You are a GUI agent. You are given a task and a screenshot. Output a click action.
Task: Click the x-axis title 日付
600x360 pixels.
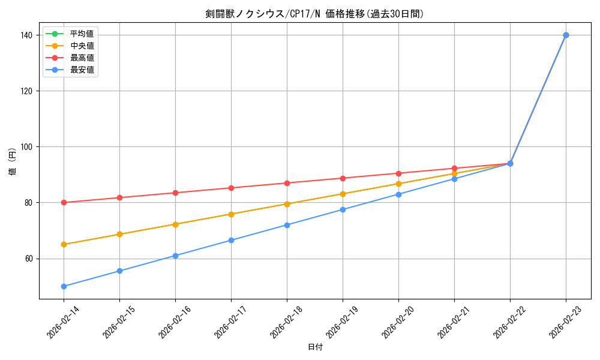tap(314, 347)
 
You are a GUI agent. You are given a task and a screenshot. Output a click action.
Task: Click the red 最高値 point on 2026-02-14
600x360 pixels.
tap(64, 202)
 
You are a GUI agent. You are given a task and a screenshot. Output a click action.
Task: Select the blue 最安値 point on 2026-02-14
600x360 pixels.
tap(64, 286)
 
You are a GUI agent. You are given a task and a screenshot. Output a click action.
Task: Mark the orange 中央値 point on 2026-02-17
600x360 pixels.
tap(231, 214)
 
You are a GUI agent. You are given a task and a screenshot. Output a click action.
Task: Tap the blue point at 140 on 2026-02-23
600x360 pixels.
tap(566, 35)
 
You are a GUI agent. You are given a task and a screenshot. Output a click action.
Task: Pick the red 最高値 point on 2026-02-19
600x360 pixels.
tap(343, 178)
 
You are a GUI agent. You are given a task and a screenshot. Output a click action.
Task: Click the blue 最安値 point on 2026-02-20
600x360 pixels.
tap(398, 194)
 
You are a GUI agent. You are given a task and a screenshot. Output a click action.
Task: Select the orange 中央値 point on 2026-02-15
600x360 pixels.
tap(119, 234)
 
